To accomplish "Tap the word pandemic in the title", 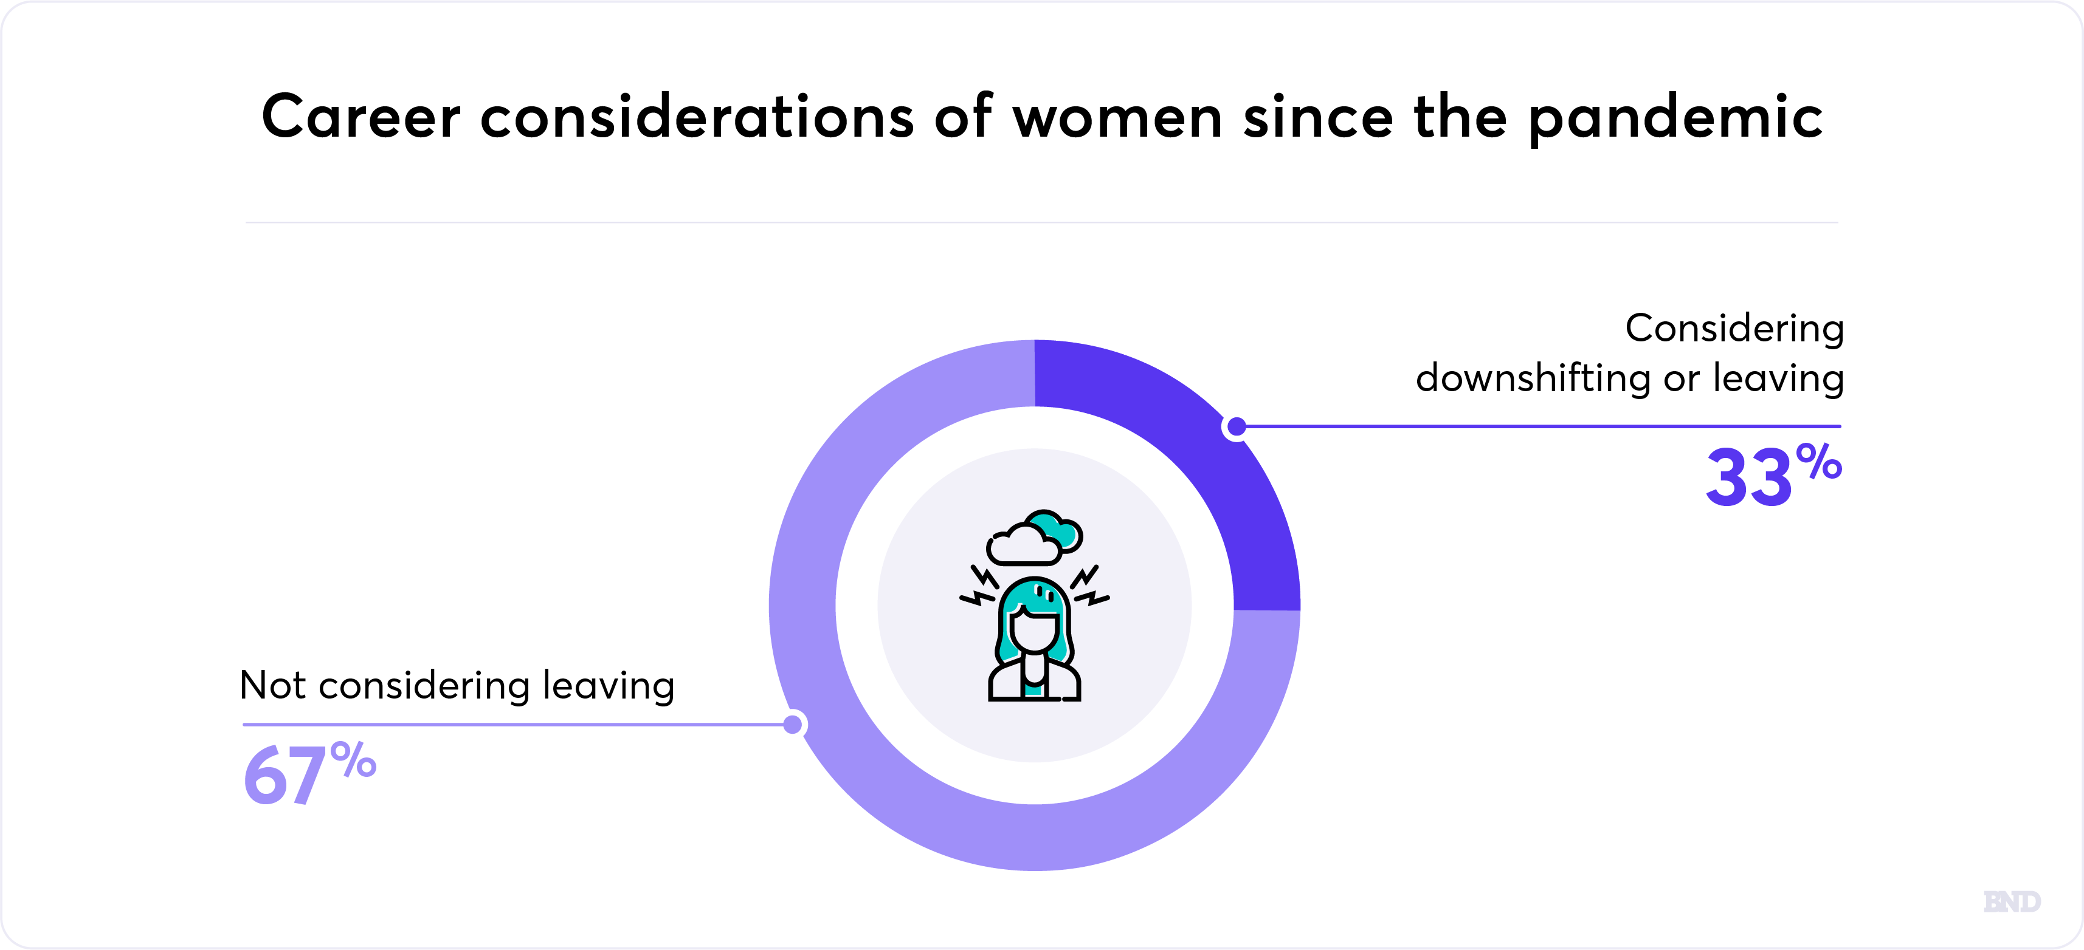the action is point(1675,119).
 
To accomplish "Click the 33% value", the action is point(1773,474).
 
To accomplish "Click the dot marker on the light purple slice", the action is point(793,725).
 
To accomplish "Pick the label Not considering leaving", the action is point(457,686).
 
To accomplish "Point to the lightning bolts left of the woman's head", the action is point(981,586).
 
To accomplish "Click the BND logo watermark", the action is point(2012,901).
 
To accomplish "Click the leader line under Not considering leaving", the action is point(518,725).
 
